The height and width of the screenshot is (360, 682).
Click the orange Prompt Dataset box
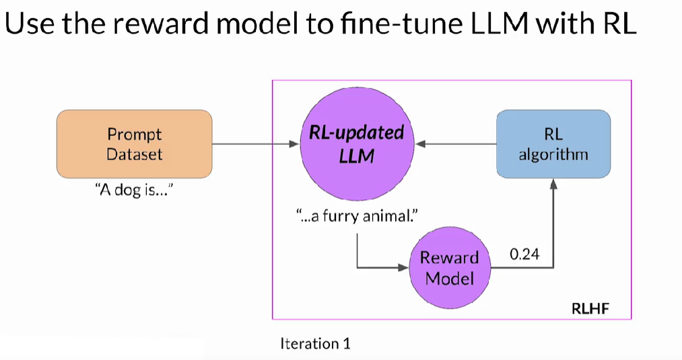pyautogui.click(x=135, y=143)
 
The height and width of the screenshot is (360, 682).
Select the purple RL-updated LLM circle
pyautogui.click(x=356, y=143)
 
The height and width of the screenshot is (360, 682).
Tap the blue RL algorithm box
pyautogui.click(x=553, y=143)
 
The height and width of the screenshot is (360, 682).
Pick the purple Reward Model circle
pyautogui.click(x=449, y=267)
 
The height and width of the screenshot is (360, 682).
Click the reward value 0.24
pyautogui.click(x=524, y=254)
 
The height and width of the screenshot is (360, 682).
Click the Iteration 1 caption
pyautogui.click(x=315, y=344)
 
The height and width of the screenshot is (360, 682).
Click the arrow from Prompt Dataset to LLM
pyautogui.click(x=256, y=143)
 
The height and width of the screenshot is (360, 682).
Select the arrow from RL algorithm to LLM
pyautogui.click(x=454, y=143)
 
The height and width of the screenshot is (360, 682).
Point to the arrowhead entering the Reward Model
pyautogui.click(x=404, y=267)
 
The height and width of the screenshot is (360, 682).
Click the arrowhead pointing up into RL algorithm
pyautogui.click(x=553, y=184)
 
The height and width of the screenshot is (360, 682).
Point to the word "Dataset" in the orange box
pyautogui.click(x=135, y=153)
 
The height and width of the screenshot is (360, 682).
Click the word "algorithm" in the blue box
pyautogui.click(x=553, y=154)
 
